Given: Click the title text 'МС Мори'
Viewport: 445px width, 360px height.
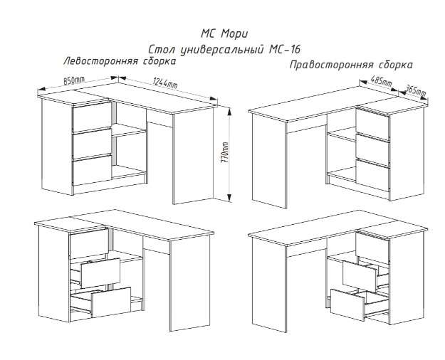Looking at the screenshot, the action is pyautogui.click(x=224, y=34).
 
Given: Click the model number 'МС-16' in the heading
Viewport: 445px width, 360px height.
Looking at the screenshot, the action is pyautogui.click(x=284, y=50).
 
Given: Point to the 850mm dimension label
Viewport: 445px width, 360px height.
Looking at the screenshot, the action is pyautogui.click(x=74, y=80).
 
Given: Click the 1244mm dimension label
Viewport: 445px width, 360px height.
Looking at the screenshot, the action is pyautogui.click(x=165, y=83).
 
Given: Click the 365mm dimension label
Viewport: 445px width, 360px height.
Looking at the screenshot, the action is pyautogui.click(x=415, y=90).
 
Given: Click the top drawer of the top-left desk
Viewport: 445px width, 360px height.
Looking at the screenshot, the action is pyautogui.click(x=92, y=117).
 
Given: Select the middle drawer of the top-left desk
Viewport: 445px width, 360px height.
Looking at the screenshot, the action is pyautogui.click(x=92, y=143).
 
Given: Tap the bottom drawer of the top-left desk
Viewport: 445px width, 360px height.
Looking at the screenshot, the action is pyautogui.click(x=92, y=170).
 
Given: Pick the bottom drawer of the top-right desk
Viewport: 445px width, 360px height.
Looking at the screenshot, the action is pyautogui.click(x=373, y=175).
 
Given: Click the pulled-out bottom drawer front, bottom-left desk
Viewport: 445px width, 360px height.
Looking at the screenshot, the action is pyautogui.click(x=111, y=302).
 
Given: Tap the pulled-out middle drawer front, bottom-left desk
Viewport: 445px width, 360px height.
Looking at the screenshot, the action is pyautogui.click(x=100, y=272).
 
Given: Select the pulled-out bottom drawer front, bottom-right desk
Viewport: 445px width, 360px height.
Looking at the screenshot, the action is pyautogui.click(x=347, y=305).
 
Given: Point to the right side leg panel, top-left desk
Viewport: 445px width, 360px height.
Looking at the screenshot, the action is pyautogui.click(x=193, y=156).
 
